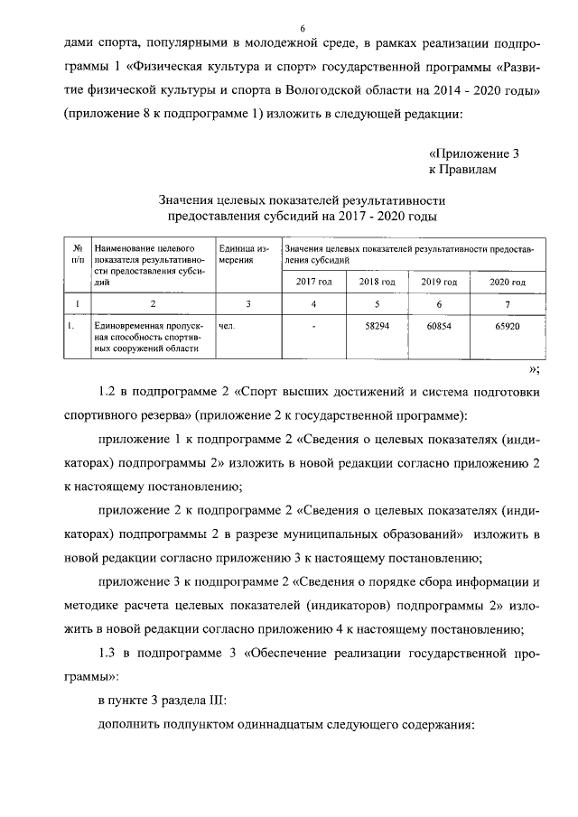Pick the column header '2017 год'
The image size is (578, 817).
tap(314, 283)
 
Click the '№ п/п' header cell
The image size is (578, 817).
tap(78, 252)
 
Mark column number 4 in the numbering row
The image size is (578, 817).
tap(314, 303)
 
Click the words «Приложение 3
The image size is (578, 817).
tap(474, 153)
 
